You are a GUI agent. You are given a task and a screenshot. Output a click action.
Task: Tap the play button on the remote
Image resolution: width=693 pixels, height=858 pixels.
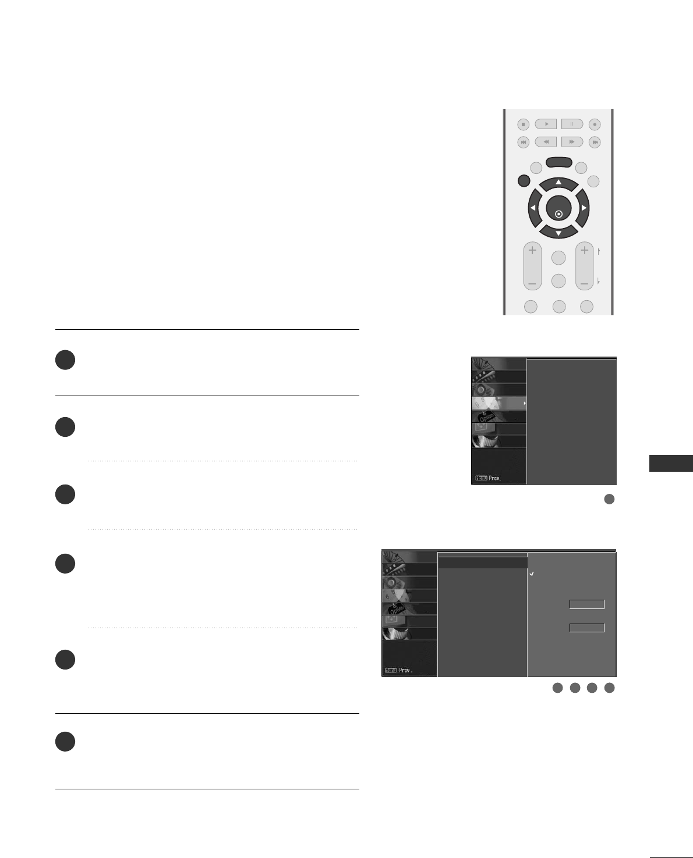(546, 124)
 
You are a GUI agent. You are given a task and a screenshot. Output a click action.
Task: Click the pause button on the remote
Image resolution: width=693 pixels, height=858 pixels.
(572, 124)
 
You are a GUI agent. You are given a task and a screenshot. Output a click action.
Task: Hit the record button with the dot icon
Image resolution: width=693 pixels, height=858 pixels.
(594, 124)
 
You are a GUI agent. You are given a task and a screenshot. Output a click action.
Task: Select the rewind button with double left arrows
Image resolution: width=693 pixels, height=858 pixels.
(546, 141)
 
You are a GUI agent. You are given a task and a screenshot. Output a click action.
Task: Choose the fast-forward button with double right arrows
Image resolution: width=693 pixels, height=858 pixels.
(572, 141)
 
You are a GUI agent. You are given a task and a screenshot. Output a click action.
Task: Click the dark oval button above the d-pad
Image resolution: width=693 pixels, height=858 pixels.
(558, 163)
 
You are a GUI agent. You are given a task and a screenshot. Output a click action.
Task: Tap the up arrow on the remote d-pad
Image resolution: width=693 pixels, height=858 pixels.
(558, 183)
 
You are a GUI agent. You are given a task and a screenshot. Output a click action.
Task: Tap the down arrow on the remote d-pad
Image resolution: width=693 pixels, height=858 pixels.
(558, 233)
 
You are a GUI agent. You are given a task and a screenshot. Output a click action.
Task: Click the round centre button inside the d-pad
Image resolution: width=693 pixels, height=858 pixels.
(558, 208)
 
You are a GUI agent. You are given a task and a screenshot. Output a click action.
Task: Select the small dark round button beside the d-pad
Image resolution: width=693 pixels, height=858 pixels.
(523, 181)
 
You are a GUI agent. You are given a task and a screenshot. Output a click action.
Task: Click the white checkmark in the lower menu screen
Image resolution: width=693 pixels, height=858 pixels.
(532, 574)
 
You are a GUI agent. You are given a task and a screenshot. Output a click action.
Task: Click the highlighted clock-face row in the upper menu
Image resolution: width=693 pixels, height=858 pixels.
(498, 403)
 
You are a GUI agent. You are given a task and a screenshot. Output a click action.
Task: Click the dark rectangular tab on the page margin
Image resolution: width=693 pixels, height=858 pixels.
(670, 463)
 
